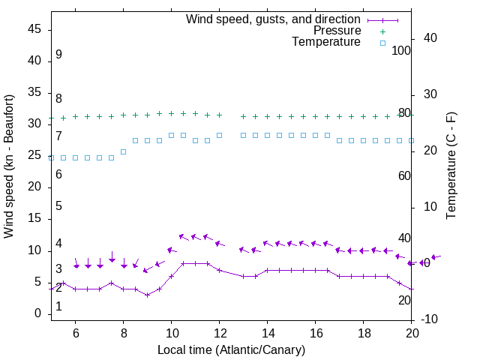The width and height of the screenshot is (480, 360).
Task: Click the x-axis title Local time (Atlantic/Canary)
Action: [231, 349]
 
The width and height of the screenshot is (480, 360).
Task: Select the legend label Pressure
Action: [337, 31]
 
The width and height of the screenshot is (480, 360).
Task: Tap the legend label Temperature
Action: [326, 42]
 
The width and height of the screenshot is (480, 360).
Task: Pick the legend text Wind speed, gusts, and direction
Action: [273, 19]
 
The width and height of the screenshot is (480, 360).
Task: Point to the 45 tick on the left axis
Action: [34, 29]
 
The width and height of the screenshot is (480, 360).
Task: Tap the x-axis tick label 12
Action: [220, 333]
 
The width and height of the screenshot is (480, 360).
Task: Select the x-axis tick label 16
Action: [316, 333]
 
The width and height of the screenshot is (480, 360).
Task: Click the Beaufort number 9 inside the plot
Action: [58, 55]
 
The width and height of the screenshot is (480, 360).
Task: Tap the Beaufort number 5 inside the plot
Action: [58, 206]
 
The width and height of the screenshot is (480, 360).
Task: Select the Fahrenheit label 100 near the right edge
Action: [401, 51]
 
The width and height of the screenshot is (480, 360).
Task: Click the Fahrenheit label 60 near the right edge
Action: [404, 175]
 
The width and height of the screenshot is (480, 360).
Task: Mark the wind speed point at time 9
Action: [148, 295]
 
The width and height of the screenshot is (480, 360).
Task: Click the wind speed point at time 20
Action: [412, 289]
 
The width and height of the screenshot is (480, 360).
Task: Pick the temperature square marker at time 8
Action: [124, 151]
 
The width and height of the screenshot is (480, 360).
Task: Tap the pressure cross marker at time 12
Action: [220, 115]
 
